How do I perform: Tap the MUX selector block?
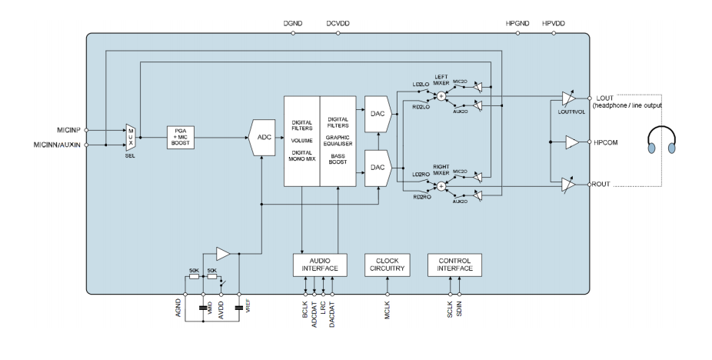point(130,137)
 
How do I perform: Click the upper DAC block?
point(378,112)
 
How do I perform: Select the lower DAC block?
point(378,166)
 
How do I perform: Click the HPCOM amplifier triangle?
point(571,142)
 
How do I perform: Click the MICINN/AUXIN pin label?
point(55,144)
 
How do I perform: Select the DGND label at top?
point(294,24)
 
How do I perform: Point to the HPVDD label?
point(552,24)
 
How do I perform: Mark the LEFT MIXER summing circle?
point(441,96)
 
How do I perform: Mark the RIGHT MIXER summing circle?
point(441,185)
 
